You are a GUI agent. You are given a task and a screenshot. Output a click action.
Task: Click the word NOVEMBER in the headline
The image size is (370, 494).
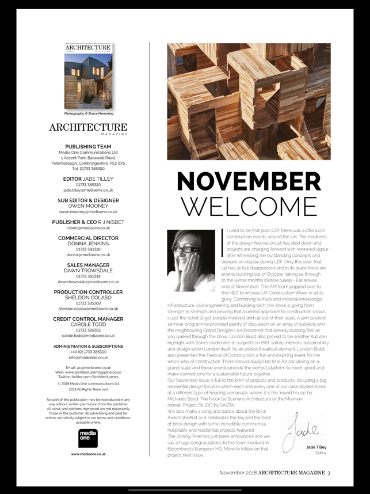pyautogui.click(x=249, y=182)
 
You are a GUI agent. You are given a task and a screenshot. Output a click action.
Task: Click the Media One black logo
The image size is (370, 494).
pyautogui.click(x=88, y=438)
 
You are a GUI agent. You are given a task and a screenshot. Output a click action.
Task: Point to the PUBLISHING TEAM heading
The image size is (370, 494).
pyautogui.click(x=88, y=147)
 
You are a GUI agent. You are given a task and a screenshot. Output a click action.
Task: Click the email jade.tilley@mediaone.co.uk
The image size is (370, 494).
pyautogui.click(x=88, y=189)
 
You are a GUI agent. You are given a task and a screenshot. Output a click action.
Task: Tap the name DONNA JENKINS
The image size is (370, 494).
pyautogui.click(x=88, y=244)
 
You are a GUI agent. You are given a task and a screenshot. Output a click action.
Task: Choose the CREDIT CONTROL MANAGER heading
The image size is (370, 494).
pyautogui.click(x=88, y=318)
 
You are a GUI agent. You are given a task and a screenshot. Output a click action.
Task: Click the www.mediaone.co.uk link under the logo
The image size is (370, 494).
pyautogui.click(x=88, y=454)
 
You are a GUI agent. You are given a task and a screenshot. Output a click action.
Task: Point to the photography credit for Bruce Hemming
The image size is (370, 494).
pyautogui.click(x=88, y=113)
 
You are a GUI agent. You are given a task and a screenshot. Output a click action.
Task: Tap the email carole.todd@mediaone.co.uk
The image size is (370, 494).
pyautogui.click(x=88, y=335)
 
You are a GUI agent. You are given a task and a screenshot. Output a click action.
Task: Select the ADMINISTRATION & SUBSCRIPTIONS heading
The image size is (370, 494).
pyautogui.click(x=88, y=346)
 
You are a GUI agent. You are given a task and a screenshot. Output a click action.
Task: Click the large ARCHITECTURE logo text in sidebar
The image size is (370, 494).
pyautogui.click(x=88, y=127)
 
